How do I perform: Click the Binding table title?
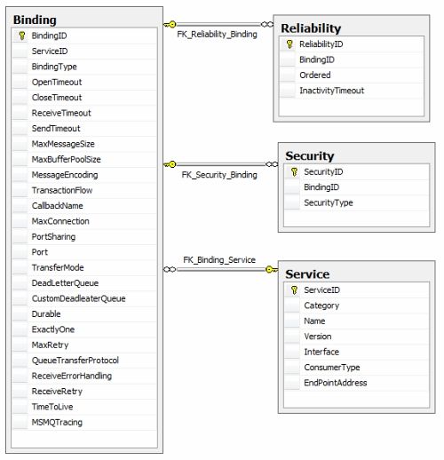[35, 20]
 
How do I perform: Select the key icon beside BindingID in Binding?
[21, 36]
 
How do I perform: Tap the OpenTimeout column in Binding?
[57, 82]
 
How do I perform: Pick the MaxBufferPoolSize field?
[66, 159]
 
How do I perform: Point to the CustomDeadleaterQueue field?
[78, 298]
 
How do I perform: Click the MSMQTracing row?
[57, 422]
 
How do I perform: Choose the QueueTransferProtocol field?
[75, 361]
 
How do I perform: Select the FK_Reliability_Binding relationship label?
[217, 35]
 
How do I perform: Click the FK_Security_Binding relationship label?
[219, 175]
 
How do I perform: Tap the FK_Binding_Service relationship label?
[219, 260]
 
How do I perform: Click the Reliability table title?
[311, 28]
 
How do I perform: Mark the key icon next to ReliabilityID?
[289, 44]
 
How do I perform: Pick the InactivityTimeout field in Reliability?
[331, 91]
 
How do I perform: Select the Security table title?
[310, 155]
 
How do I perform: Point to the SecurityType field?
[329, 202]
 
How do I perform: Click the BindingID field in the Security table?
[321, 187]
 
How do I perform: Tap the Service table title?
[307, 274]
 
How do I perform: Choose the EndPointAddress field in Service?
[336, 383]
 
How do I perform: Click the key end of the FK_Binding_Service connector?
[272, 269]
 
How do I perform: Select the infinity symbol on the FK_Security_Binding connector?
[272, 164]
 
